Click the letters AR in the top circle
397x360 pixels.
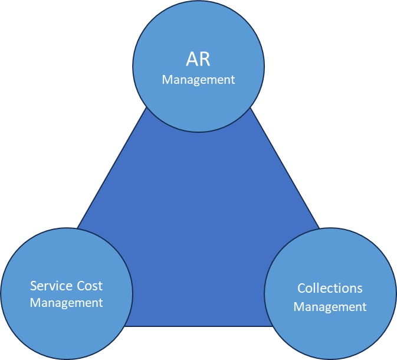point(198,60)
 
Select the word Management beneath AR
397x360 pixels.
point(198,79)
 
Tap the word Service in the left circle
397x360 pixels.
point(50,286)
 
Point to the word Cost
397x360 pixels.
point(89,286)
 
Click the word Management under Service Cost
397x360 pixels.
point(66,303)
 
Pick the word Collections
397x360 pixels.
point(330,288)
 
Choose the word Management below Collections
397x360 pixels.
point(330,307)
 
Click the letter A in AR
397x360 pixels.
point(192,60)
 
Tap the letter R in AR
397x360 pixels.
point(205,60)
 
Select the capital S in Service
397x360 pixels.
point(34,286)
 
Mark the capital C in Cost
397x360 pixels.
point(80,286)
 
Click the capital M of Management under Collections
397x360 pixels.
point(298,307)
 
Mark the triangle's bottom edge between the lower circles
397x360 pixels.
point(198,326)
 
